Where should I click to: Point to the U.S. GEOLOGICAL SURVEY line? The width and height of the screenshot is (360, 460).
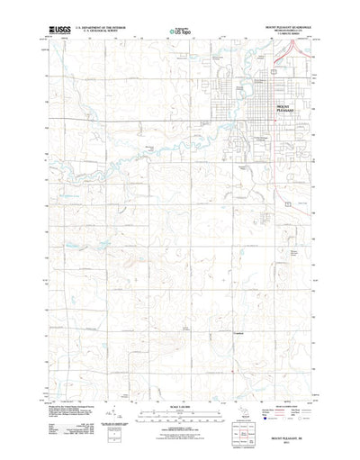(101, 32)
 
